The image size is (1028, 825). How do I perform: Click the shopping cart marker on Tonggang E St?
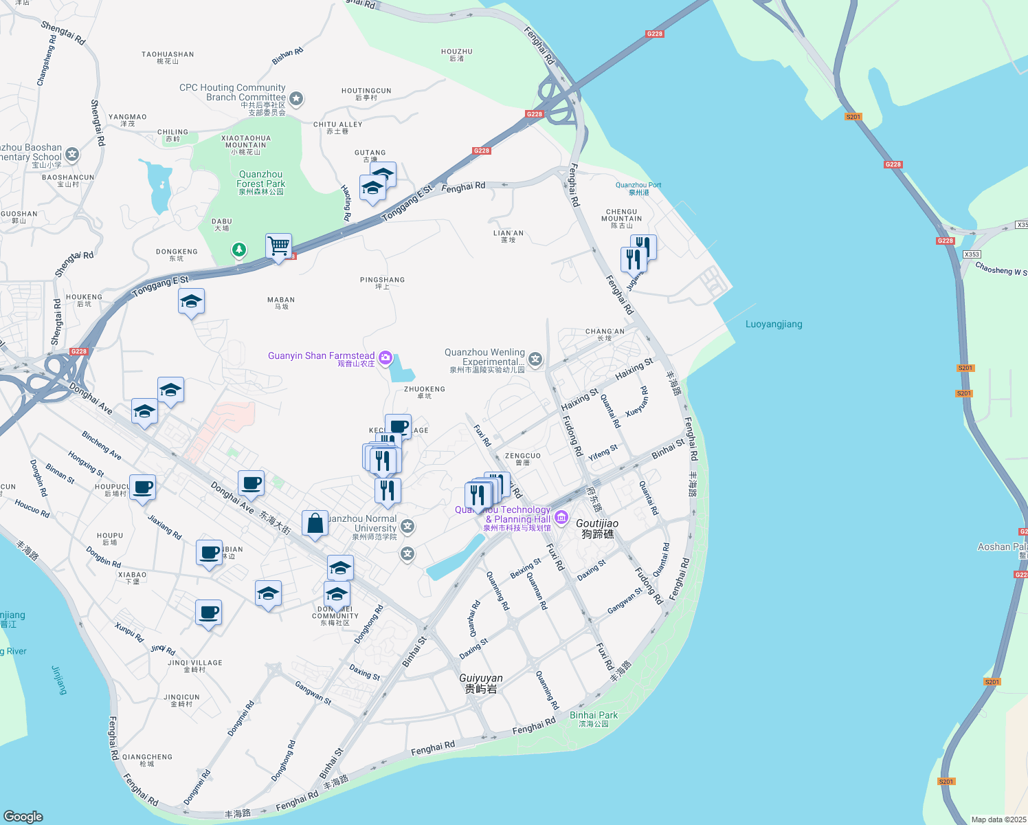click(x=278, y=245)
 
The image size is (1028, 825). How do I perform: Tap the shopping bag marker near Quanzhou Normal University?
click(x=315, y=524)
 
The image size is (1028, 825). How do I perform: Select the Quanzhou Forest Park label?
click(x=260, y=183)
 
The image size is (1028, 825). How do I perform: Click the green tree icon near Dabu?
click(x=238, y=250)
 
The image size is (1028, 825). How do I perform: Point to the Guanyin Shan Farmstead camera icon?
click(x=385, y=357)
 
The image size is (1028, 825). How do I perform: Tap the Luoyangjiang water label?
click(x=774, y=324)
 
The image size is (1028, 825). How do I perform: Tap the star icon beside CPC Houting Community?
click(x=296, y=99)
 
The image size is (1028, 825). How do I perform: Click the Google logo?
click(x=23, y=816)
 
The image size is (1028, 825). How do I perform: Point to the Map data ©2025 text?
click(x=998, y=819)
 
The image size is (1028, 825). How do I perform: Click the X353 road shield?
click(x=971, y=254)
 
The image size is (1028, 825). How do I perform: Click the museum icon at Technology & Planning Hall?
click(x=561, y=517)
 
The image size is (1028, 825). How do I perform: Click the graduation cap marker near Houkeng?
click(x=191, y=301)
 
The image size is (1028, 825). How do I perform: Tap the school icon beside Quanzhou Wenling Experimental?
click(x=535, y=359)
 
